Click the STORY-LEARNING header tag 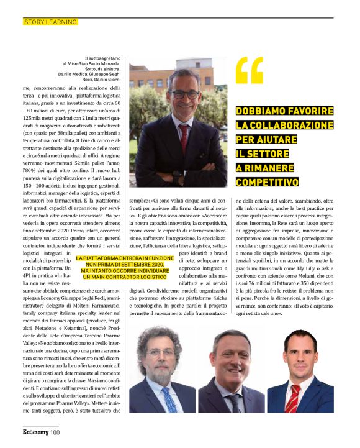(50, 22)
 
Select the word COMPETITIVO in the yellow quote (268, 182)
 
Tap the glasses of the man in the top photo (184, 94)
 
